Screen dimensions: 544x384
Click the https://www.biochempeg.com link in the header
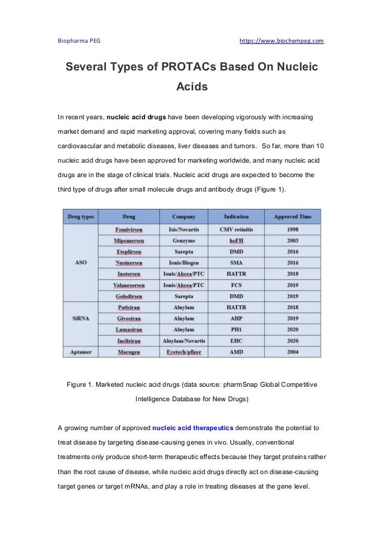tap(282, 41)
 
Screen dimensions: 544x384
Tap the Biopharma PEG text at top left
tap(79, 41)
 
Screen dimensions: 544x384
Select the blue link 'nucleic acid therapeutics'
tap(193, 428)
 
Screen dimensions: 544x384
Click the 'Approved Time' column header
tap(293, 216)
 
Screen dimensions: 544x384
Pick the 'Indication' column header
tap(236, 216)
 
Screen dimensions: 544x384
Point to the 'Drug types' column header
tap(81, 216)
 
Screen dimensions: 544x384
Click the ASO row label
tap(81, 263)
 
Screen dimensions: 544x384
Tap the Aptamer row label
tap(81, 351)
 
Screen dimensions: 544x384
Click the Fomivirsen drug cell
tap(129, 230)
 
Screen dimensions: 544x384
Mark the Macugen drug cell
tap(129, 351)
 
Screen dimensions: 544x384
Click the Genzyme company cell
tap(184, 240)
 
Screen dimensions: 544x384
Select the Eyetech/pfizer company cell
tap(184, 351)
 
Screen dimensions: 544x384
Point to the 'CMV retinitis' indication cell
tap(236, 230)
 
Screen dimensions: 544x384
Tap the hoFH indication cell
tap(236, 240)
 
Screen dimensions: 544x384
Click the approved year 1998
tap(293, 230)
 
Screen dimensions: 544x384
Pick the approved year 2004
tap(293, 351)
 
